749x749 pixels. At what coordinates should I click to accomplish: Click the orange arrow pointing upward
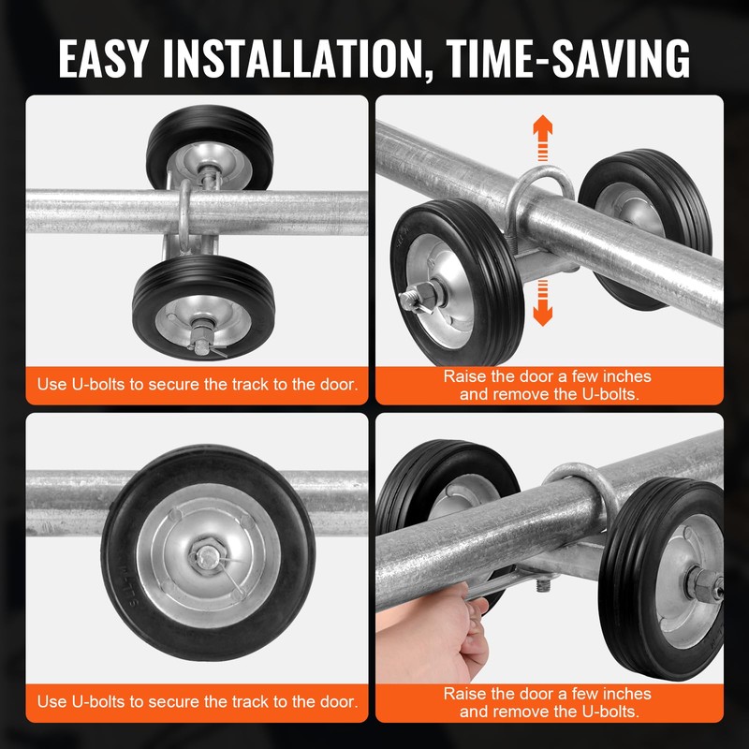pyautogui.click(x=542, y=139)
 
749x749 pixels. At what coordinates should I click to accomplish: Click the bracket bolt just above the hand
pyautogui.click(x=540, y=585)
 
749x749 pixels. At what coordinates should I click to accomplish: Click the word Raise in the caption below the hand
pyautogui.click(x=464, y=694)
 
